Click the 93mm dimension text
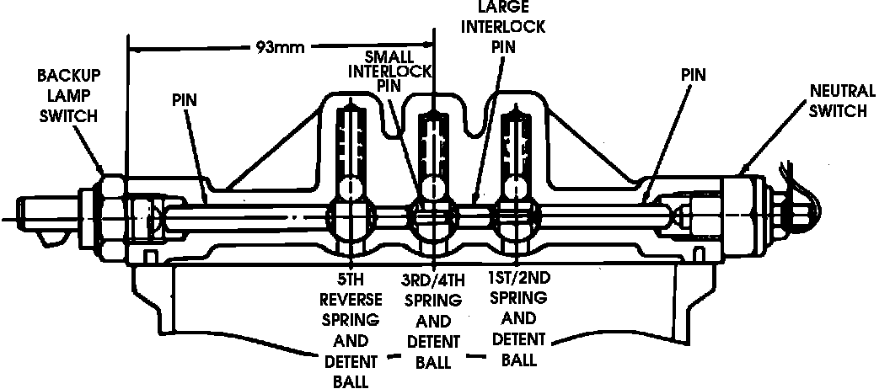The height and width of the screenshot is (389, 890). click(x=281, y=45)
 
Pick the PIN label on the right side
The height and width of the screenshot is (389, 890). click(x=693, y=75)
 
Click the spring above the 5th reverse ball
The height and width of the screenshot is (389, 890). click(x=351, y=139)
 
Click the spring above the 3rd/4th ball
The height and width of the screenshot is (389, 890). click(x=432, y=139)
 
